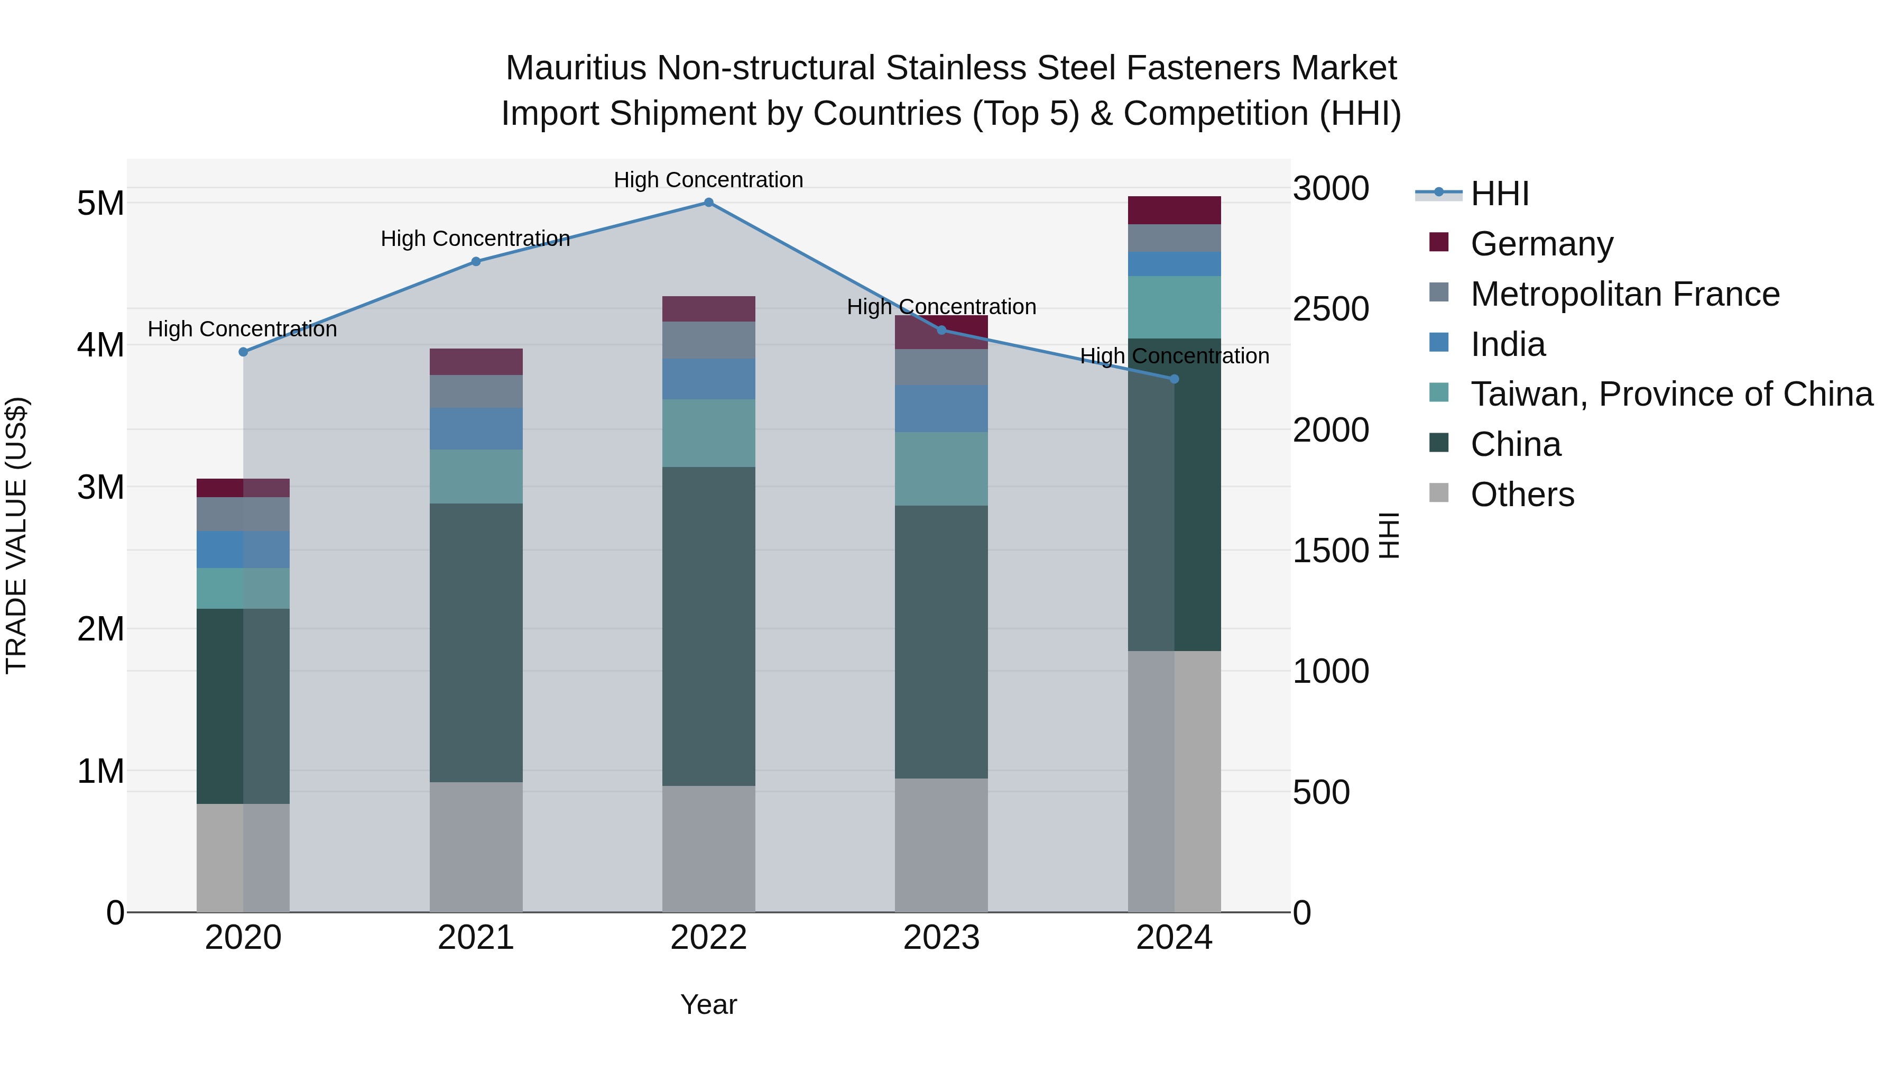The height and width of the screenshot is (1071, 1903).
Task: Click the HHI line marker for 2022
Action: tap(708, 203)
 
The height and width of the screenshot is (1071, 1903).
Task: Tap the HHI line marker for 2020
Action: tap(243, 352)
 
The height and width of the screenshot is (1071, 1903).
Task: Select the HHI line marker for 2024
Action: tap(1174, 379)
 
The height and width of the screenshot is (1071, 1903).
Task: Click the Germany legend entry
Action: tap(1541, 244)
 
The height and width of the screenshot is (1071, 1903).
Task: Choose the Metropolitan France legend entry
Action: tap(1624, 294)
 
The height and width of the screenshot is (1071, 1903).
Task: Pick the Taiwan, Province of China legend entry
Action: tap(1671, 394)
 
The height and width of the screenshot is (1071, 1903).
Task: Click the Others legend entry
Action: tap(1522, 495)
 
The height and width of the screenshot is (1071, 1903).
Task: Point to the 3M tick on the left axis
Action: tap(100, 487)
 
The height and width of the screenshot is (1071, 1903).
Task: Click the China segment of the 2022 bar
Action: tap(708, 626)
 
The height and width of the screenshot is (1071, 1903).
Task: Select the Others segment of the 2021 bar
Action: tap(476, 847)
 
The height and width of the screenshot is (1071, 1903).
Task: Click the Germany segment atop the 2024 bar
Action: tap(1174, 210)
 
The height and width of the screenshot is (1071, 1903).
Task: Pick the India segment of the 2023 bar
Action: tap(941, 409)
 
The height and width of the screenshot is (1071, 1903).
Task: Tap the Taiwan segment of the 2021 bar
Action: tap(476, 477)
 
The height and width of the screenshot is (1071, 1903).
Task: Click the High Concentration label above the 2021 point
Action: tap(475, 239)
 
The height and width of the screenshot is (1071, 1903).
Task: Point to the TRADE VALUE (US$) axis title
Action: tap(17, 535)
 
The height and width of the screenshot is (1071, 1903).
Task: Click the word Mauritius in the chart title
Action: tap(576, 69)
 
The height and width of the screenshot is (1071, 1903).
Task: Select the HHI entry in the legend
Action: tap(1499, 194)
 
